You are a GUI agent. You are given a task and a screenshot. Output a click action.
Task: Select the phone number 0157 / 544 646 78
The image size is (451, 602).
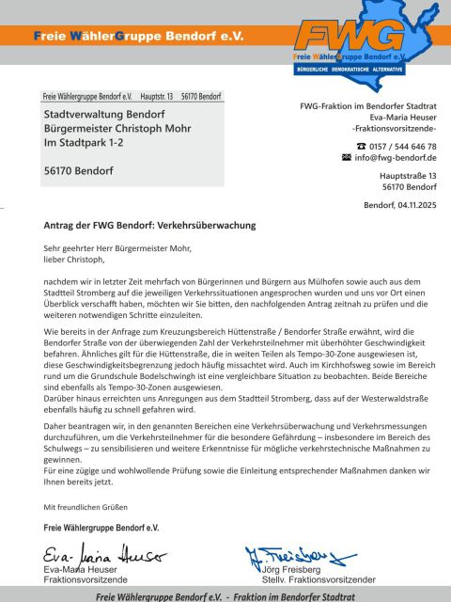403,146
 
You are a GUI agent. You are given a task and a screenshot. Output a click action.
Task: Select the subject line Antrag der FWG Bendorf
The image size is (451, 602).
149,226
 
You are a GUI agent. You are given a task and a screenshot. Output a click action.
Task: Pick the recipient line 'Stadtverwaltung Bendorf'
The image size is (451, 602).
104,114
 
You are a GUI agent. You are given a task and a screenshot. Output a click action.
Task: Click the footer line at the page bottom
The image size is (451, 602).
225,595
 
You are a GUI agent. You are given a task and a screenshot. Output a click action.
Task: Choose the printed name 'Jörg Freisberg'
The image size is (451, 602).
290,569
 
